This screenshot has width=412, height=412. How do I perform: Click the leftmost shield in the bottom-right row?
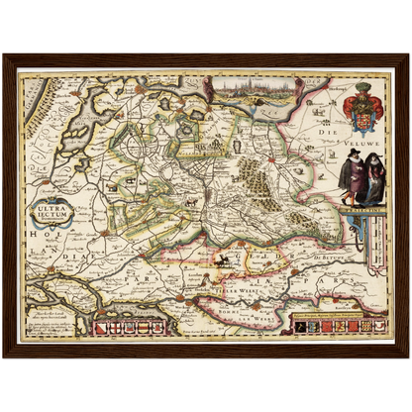click(295, 325)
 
